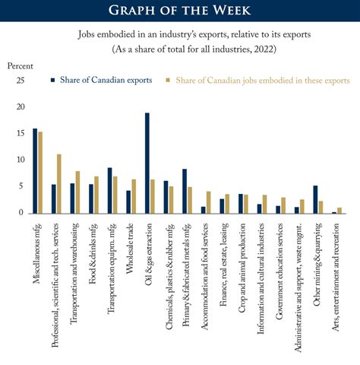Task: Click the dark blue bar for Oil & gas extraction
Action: [147, 163]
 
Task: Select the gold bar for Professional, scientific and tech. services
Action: [58, 183]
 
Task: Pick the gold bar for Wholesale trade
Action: [133, 196]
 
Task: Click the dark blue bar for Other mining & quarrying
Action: [315, 199]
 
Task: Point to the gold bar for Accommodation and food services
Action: [208, 202]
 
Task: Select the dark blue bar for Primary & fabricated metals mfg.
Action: [185, 191]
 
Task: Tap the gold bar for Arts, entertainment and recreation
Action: [339, 211]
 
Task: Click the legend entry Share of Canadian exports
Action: [103, 80]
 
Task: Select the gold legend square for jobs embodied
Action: [169, 80]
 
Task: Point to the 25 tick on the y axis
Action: [21, 81]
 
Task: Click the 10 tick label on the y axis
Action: [21, 160]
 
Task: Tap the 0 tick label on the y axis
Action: [24, 213]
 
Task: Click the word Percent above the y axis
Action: [21, 66]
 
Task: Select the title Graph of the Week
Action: [180, 11]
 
